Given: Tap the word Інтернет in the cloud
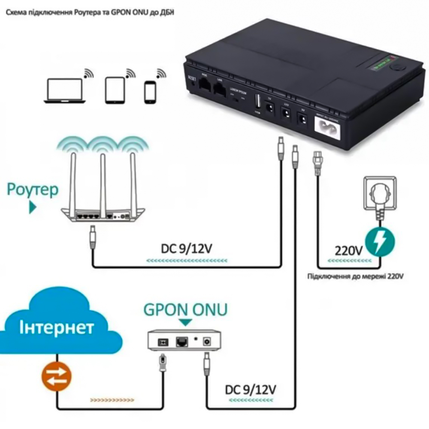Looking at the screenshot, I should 56,328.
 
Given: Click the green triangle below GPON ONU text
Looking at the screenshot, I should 186,321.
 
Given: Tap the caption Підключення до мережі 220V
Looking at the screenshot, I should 356,276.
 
